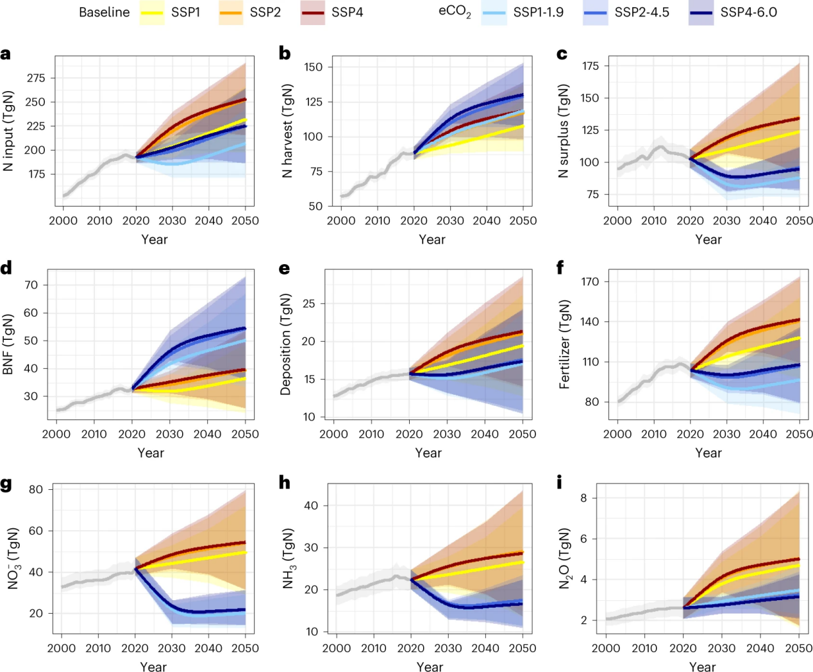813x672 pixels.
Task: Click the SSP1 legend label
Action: (185, 13)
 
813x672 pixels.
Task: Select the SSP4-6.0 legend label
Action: (748, 13)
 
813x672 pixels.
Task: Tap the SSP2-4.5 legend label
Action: (641, 13)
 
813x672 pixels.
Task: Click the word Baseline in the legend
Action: (104, 13)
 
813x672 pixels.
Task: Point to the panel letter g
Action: (6, 483)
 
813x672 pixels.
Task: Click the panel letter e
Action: (285, 268)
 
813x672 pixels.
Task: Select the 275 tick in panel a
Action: (36, 78)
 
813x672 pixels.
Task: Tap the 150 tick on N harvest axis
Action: (314, 67)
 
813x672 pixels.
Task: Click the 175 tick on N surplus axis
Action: (590, 66)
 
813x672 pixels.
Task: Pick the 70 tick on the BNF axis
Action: (31, 285)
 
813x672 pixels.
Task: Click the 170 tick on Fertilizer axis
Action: (590, 281)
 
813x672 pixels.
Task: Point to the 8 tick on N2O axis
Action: (583, 498)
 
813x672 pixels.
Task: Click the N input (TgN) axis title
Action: (8, 131)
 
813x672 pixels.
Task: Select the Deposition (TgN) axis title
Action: (286, 344)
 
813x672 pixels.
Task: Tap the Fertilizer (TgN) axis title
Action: (564, 344)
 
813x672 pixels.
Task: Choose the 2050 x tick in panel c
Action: (799, 221)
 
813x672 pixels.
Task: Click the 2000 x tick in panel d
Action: (56, 434)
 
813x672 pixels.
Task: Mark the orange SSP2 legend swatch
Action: (231, 13)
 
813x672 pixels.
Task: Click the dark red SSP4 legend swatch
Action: (312, 13)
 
